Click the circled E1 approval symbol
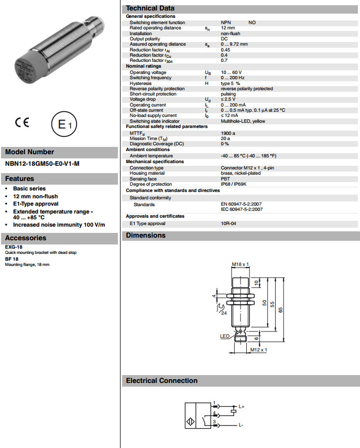point(63,125)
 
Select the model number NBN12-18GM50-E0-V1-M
point(42,164)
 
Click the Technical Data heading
point(150,8)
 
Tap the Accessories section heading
point(26,238)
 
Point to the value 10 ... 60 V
point(231,72)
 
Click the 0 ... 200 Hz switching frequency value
point(233,78)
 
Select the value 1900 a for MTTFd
point(228,133)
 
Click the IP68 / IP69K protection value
point(236,184)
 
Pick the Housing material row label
point(147,173)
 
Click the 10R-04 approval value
point(228,223)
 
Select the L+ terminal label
point(242,406)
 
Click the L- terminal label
point(241,424)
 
